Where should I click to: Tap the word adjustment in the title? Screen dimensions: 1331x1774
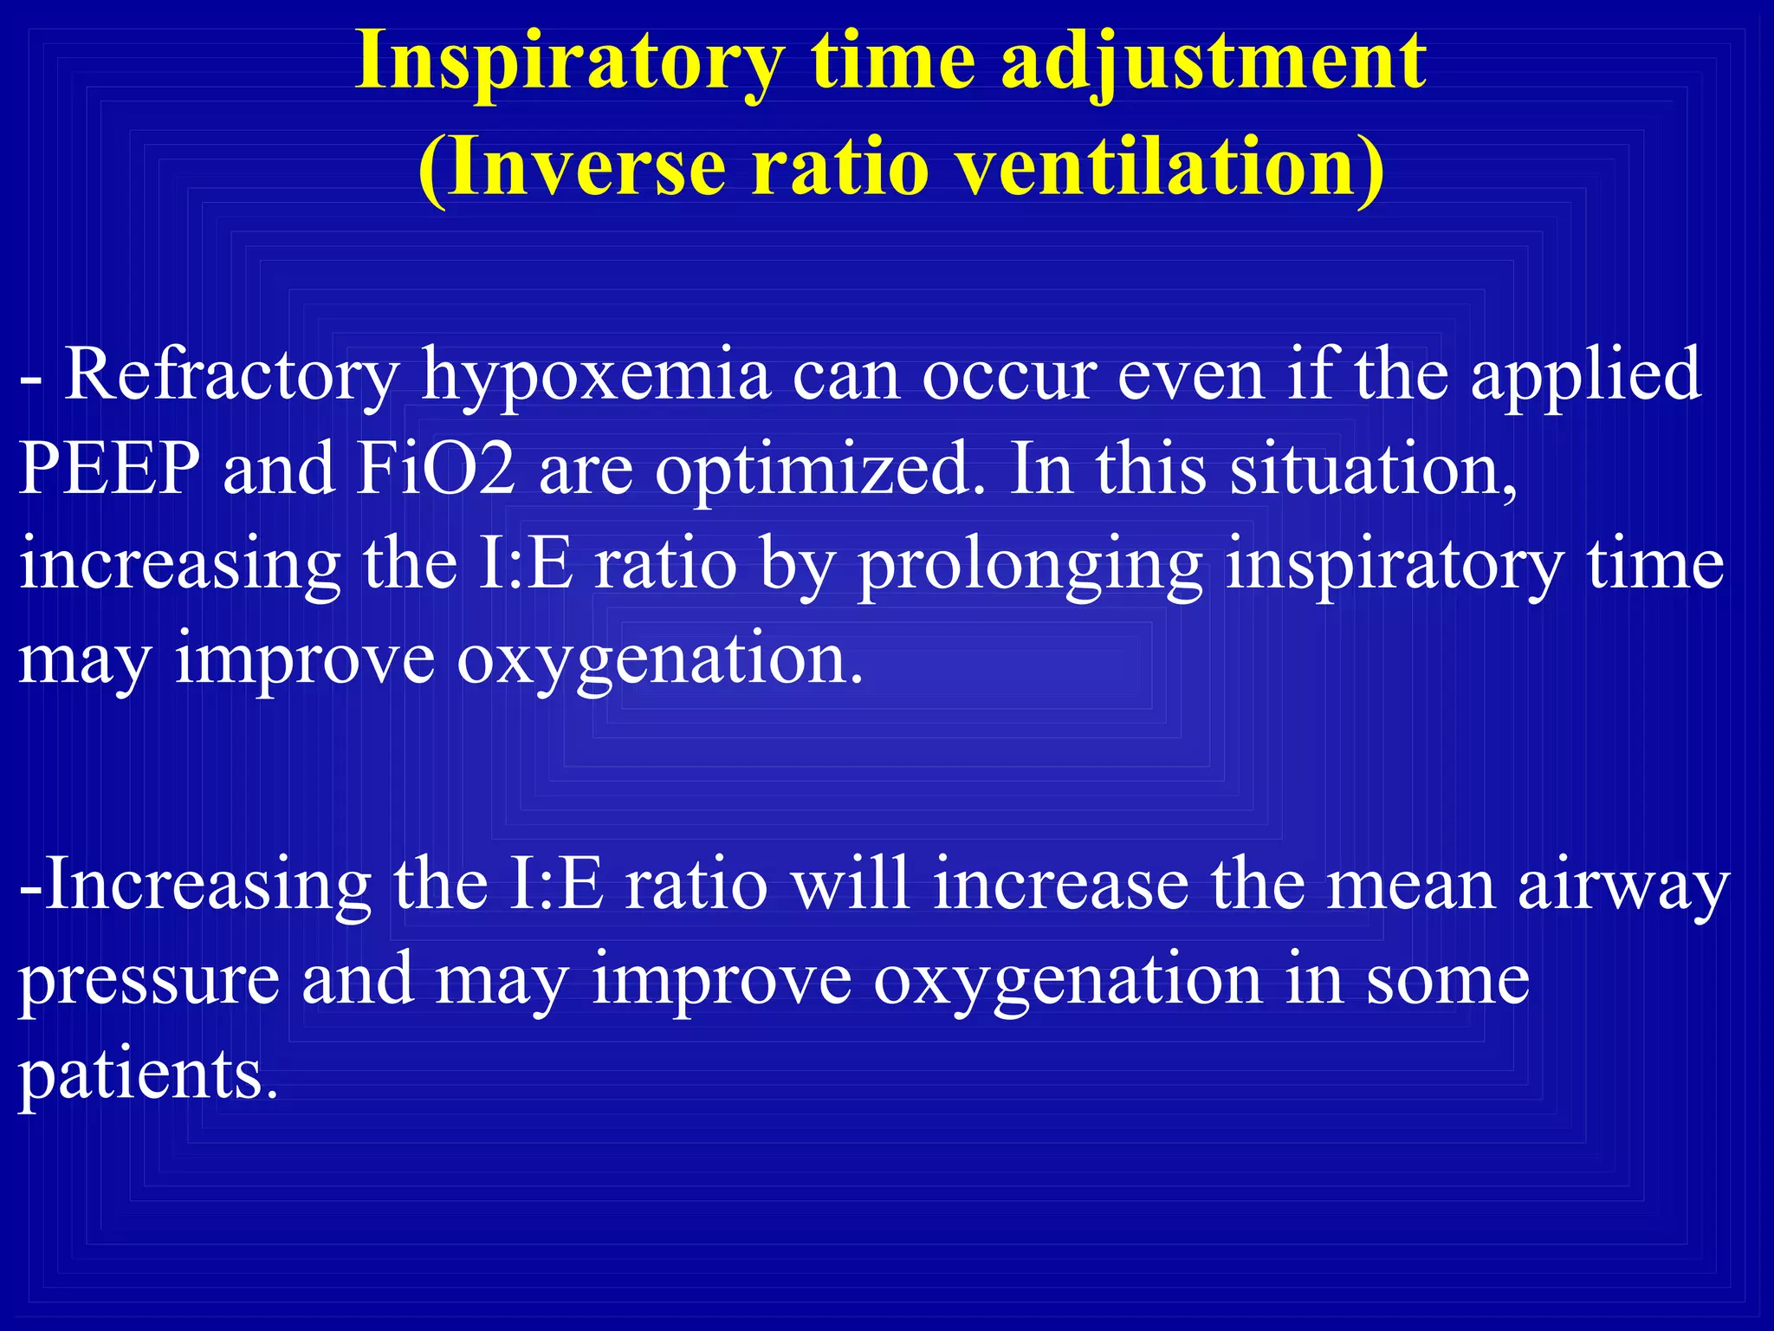point(1213,62)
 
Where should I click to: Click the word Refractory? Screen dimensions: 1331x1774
point(231,375)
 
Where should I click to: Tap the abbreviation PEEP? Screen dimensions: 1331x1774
point(109,468)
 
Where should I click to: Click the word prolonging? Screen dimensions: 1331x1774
point(1030,565)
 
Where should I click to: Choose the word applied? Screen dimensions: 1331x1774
point(1585,375)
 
